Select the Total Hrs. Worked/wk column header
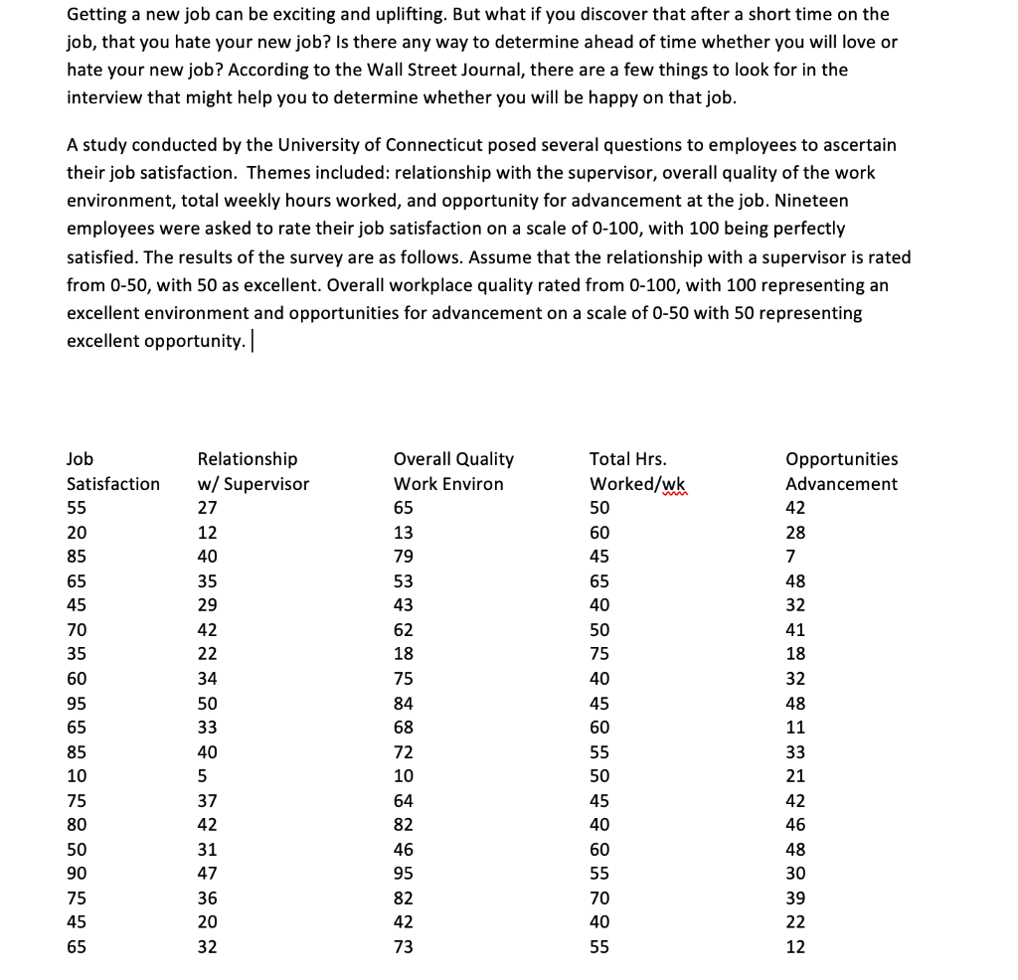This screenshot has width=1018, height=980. tap(637, 472)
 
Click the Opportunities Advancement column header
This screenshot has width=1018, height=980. tap(841, 472)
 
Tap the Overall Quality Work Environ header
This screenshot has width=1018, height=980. tap(453, 472)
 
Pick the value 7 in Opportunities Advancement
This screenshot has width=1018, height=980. tap(790, 557)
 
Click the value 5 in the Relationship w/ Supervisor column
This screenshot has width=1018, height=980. tap(203, 776)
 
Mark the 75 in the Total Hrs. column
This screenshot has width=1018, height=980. tap(599, 654)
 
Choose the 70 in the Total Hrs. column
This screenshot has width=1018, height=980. tap(599, 898)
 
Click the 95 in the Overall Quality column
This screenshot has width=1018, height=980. tap(404, 874)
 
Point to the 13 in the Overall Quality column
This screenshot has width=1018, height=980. tap(404, 533)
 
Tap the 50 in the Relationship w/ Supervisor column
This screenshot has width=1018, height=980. tap(208, 703)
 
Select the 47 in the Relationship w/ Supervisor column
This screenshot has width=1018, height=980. tap(208, 874)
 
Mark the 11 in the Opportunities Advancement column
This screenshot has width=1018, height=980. tap(795, 728)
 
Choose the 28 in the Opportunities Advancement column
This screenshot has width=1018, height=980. tap(795, 533)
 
